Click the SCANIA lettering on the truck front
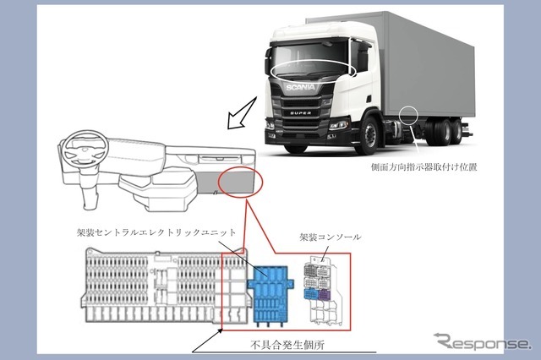[300, 87]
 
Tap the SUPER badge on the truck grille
[300, 112]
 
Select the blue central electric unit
[270, 294]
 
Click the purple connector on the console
[325, 295]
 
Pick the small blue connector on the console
[311, 295]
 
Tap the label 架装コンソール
[331, 237]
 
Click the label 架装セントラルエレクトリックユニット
[156, 232]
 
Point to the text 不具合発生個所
[287, 345]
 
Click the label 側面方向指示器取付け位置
[424, 166]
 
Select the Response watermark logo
[482, 341]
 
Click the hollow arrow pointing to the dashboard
[242, 112]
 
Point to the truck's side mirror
[363, 58]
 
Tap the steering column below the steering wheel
[88, 188]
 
